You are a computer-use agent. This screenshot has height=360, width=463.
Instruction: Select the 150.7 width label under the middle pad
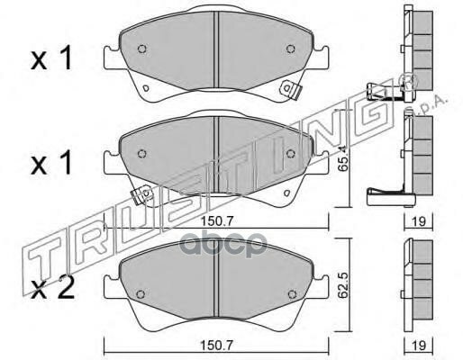click(x=217, y=221)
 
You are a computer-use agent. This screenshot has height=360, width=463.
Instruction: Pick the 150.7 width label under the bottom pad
click(x=217, y=346)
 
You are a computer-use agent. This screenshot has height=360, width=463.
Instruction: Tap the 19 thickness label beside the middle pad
click(x=418, y=221)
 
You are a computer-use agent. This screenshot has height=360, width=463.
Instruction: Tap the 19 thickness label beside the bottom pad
click(x=418, y=346)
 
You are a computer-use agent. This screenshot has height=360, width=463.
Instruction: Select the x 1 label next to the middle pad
click(x=51, y=162)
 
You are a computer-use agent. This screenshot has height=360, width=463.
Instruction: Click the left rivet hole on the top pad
click(x=142, y=49)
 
